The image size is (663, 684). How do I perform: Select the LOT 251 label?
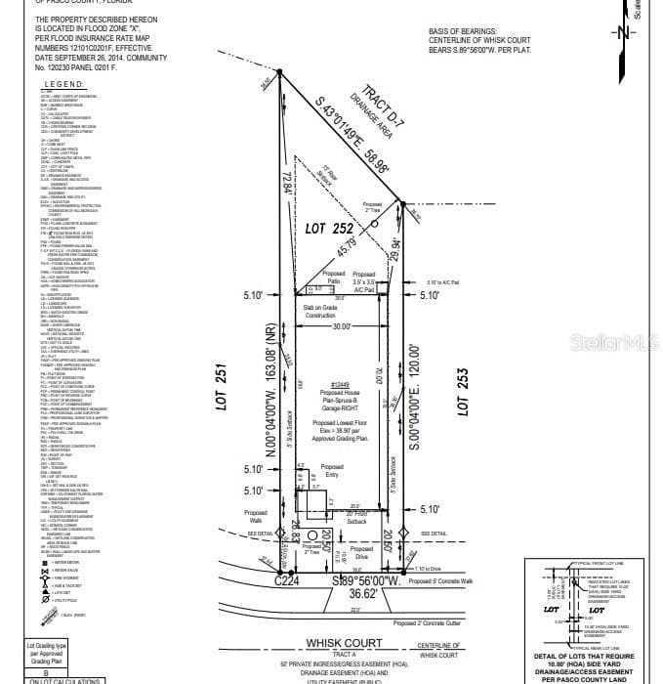[222, 388]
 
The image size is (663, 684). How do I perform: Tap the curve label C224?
[285, 580]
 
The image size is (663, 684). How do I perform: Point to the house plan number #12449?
[341, 385]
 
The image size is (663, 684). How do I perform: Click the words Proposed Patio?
[334, 278]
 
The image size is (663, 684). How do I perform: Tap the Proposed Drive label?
[361, 553]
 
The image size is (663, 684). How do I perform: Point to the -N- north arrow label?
[624, 31]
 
